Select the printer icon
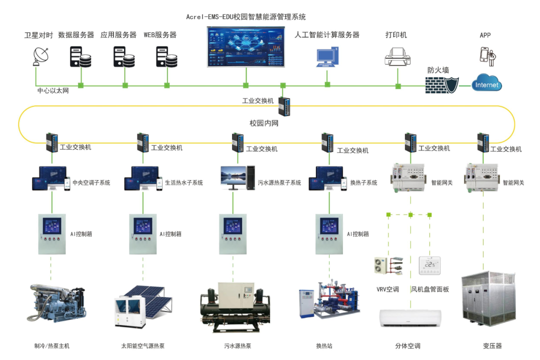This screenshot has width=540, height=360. click(398, 55)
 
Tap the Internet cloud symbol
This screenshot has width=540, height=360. click(486, 84)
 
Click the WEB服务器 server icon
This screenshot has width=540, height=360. click(167, 57)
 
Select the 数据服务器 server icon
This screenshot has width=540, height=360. click(80, 57)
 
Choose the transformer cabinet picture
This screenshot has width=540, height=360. click(482, 302)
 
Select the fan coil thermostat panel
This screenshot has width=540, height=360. click(429, 265)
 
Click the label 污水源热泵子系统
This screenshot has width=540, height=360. click(279, 183)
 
